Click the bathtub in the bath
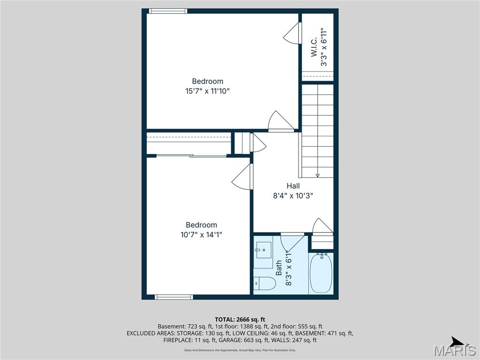[x=321, y=273]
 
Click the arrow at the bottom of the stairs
[x=317, y=175]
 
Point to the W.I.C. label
[x=314, y=47]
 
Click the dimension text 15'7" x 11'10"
[x=207, y=91]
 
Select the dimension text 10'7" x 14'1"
[x=201, y=234]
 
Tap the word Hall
[x=293, y=186]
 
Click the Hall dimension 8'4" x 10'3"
[x=293, y=196]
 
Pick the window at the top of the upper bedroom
[x=168, y=11]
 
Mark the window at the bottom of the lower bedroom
[x=174, y=297]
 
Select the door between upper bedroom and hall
[x=280, y=121]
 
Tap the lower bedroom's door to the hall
[x=243, y=178]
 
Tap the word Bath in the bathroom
[x=279, y=268]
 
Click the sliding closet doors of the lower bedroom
[x=191, y=155]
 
